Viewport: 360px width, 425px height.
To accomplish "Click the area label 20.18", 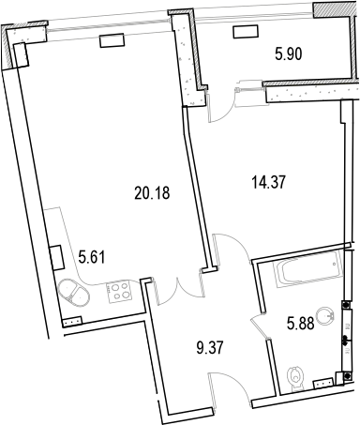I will tap(151, 194).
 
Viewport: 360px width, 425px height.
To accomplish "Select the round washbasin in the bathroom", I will tap(327, 315).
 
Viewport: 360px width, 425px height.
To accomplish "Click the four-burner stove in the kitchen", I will tap(120, 292).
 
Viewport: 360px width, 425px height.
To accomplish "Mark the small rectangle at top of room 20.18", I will tap(112, 39).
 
